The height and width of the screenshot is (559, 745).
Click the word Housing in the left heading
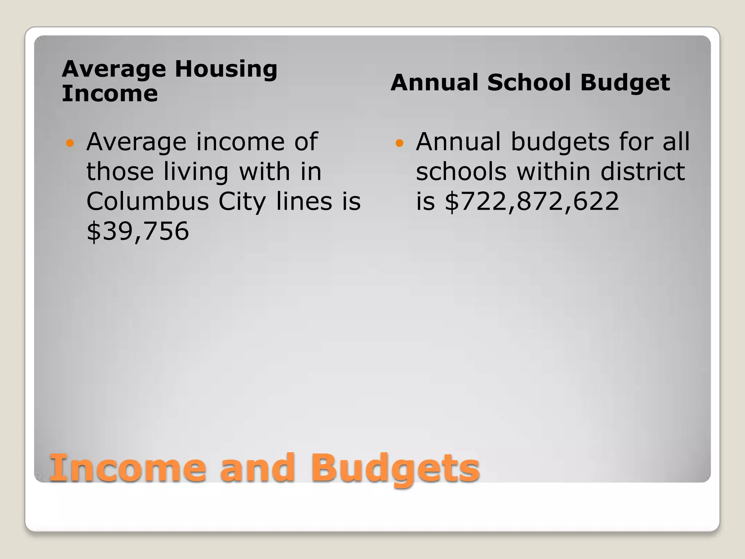click(226, 69)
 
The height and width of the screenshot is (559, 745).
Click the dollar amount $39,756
click(138, 231)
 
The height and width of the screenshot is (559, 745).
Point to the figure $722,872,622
click(531, 201)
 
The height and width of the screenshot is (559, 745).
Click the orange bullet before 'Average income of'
click(70, 143)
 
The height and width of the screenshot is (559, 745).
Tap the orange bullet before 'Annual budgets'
click(399, 143)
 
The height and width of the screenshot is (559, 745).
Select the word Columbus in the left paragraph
click(147, 201)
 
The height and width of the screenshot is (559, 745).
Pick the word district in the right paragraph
click(643, 171)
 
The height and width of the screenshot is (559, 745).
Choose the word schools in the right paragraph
click(461, 171)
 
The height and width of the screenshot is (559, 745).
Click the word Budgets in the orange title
click(395, 469)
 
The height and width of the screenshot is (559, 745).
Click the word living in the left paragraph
click(196, 172)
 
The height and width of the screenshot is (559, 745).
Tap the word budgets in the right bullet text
click(560, 142)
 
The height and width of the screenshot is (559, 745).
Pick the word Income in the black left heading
click(110, 94)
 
